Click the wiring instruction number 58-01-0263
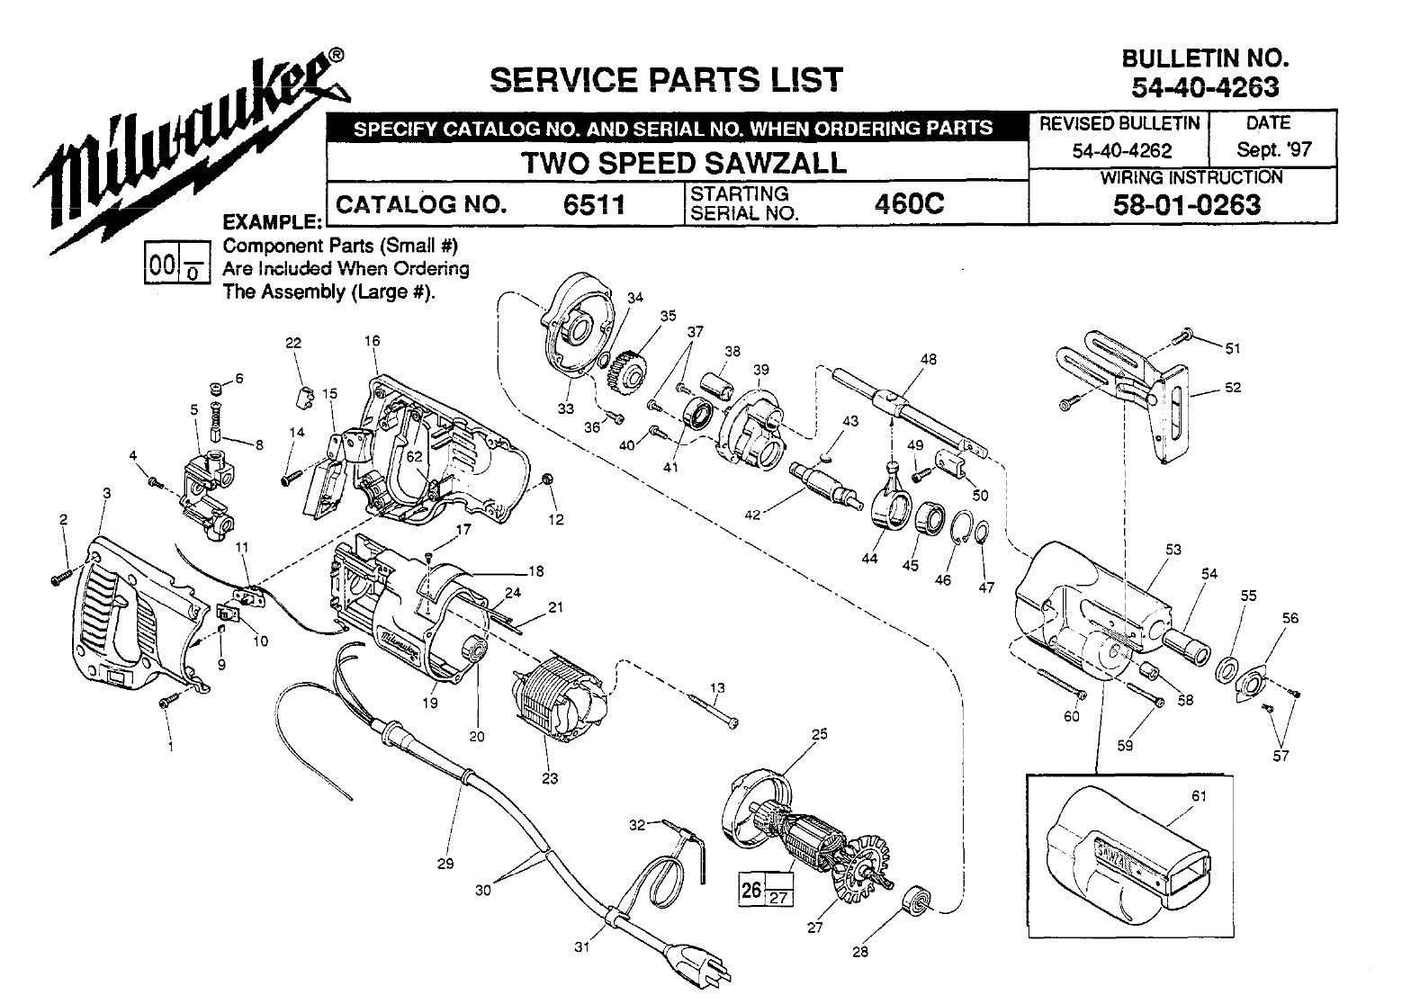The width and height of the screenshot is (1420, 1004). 1187,205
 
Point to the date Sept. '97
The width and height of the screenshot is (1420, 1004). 1273,149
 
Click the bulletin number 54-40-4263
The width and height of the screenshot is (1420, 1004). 1205,86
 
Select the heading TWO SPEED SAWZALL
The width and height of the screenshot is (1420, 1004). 685,163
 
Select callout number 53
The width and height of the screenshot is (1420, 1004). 1173,550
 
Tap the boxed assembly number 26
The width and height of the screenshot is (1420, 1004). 750,889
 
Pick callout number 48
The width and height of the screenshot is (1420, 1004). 929,359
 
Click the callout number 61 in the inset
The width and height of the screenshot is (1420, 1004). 1199,795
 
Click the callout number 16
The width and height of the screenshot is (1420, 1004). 372,341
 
